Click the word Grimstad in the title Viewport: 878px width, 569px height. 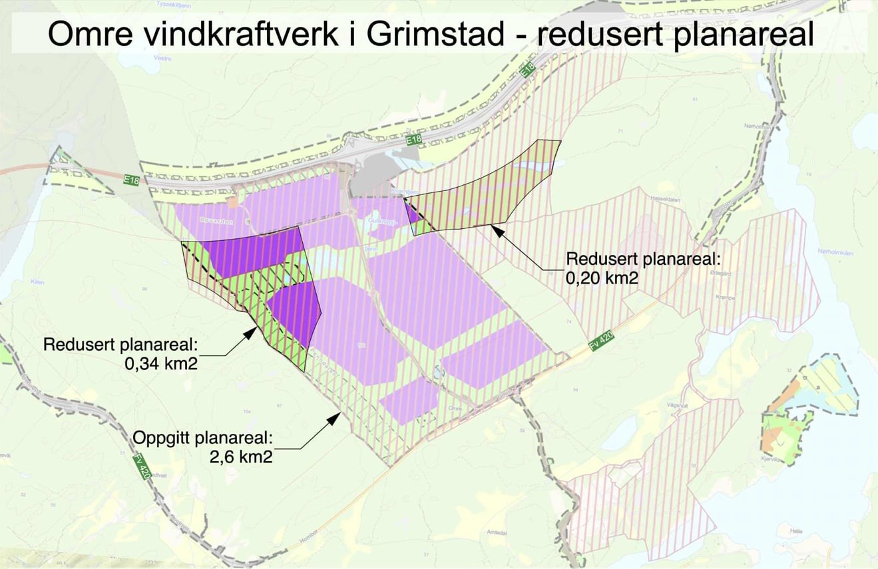(x=435, y=35)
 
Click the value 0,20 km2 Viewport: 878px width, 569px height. (x=602, y=278)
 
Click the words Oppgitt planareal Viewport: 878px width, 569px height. (x=203, y=438)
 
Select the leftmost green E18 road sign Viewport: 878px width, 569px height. (x=130, y=180)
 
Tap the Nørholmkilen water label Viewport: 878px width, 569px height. (x=835, y=252)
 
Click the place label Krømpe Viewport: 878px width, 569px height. (x=725, y=298)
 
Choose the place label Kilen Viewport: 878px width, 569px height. (x=37, y=282)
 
